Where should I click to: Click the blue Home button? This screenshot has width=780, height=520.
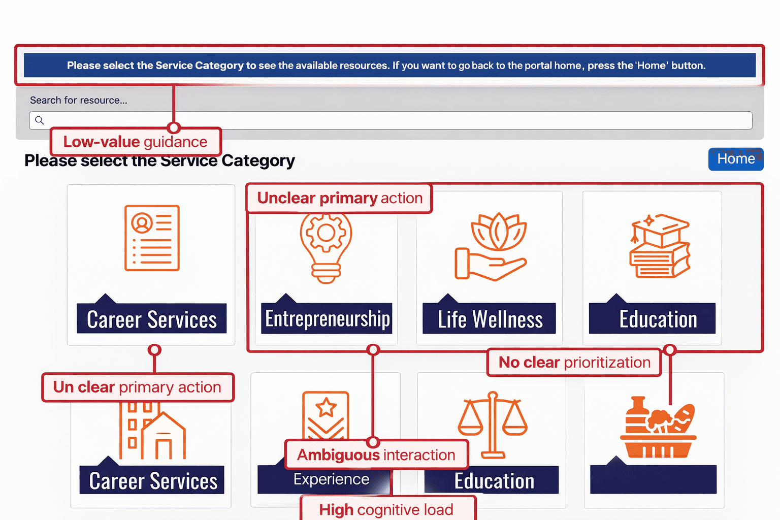[736, 159]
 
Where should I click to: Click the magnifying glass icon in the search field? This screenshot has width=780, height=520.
[40, 120]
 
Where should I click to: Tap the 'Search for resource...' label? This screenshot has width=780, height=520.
[79, 100]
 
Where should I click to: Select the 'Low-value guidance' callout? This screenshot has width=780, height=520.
[136, 142]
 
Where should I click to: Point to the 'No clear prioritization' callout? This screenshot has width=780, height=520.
[574, 363]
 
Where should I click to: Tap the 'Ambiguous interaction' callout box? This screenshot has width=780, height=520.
[376, 454]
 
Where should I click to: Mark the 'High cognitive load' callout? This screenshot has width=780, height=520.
[386, 509]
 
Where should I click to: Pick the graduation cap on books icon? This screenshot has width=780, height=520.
[659, 246]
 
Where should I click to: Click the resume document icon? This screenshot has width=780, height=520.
[152, 238]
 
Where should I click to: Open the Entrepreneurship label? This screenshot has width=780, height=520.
[327, 319]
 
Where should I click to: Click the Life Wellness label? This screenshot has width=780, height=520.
[490, 319]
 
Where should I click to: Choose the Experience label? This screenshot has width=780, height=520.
[331, 479]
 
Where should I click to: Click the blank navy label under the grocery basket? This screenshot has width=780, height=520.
[653, 479]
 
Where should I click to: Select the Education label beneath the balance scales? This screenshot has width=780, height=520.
[494, 480]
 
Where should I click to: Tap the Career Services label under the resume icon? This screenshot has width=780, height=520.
[152, 319]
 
